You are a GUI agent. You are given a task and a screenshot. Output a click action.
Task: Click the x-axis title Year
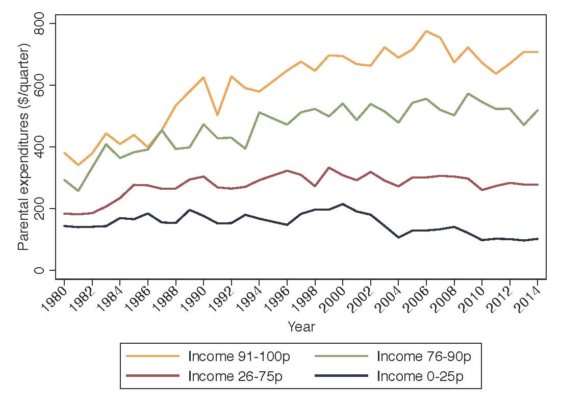coord(301,327)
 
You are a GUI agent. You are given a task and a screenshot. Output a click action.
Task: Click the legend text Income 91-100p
coord(239,356)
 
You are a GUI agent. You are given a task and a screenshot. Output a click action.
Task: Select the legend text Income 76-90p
coord(424,356)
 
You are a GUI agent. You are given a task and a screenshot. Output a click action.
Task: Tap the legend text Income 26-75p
coord(235,376)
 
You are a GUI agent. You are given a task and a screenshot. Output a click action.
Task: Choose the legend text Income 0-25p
coord(421,376)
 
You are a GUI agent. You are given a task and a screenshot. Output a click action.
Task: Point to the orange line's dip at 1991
coord(218,115)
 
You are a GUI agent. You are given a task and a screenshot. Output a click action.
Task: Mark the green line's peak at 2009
coord(468,94)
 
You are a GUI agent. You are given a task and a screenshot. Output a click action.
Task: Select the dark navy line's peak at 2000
coord(343,204)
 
